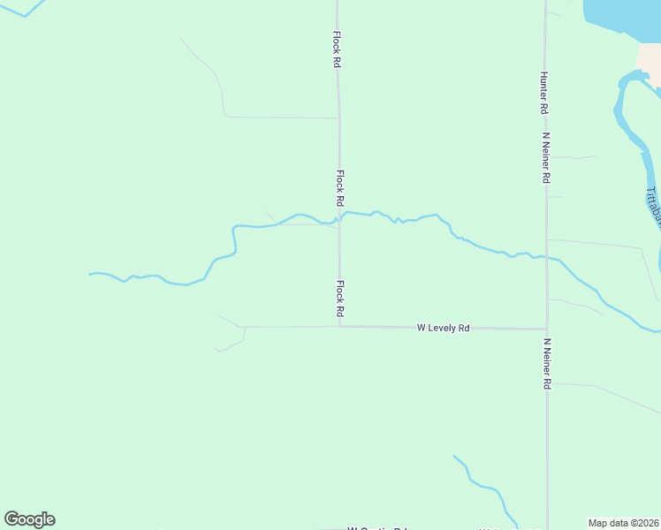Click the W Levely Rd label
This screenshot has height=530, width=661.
443,328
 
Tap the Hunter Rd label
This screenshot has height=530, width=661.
543,93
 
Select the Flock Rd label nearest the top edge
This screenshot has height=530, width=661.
337,50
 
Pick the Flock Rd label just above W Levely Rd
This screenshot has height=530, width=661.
339,299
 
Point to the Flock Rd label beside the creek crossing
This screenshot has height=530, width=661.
339,188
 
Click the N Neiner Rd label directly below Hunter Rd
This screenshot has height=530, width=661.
547,158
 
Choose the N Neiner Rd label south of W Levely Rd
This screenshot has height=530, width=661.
547,364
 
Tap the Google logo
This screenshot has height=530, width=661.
29,519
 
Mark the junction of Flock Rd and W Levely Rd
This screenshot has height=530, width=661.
339,327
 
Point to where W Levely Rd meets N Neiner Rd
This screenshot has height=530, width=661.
546,329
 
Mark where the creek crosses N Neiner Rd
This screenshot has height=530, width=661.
546,258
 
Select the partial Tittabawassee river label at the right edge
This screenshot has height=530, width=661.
653,208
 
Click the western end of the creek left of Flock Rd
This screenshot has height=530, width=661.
91,274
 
